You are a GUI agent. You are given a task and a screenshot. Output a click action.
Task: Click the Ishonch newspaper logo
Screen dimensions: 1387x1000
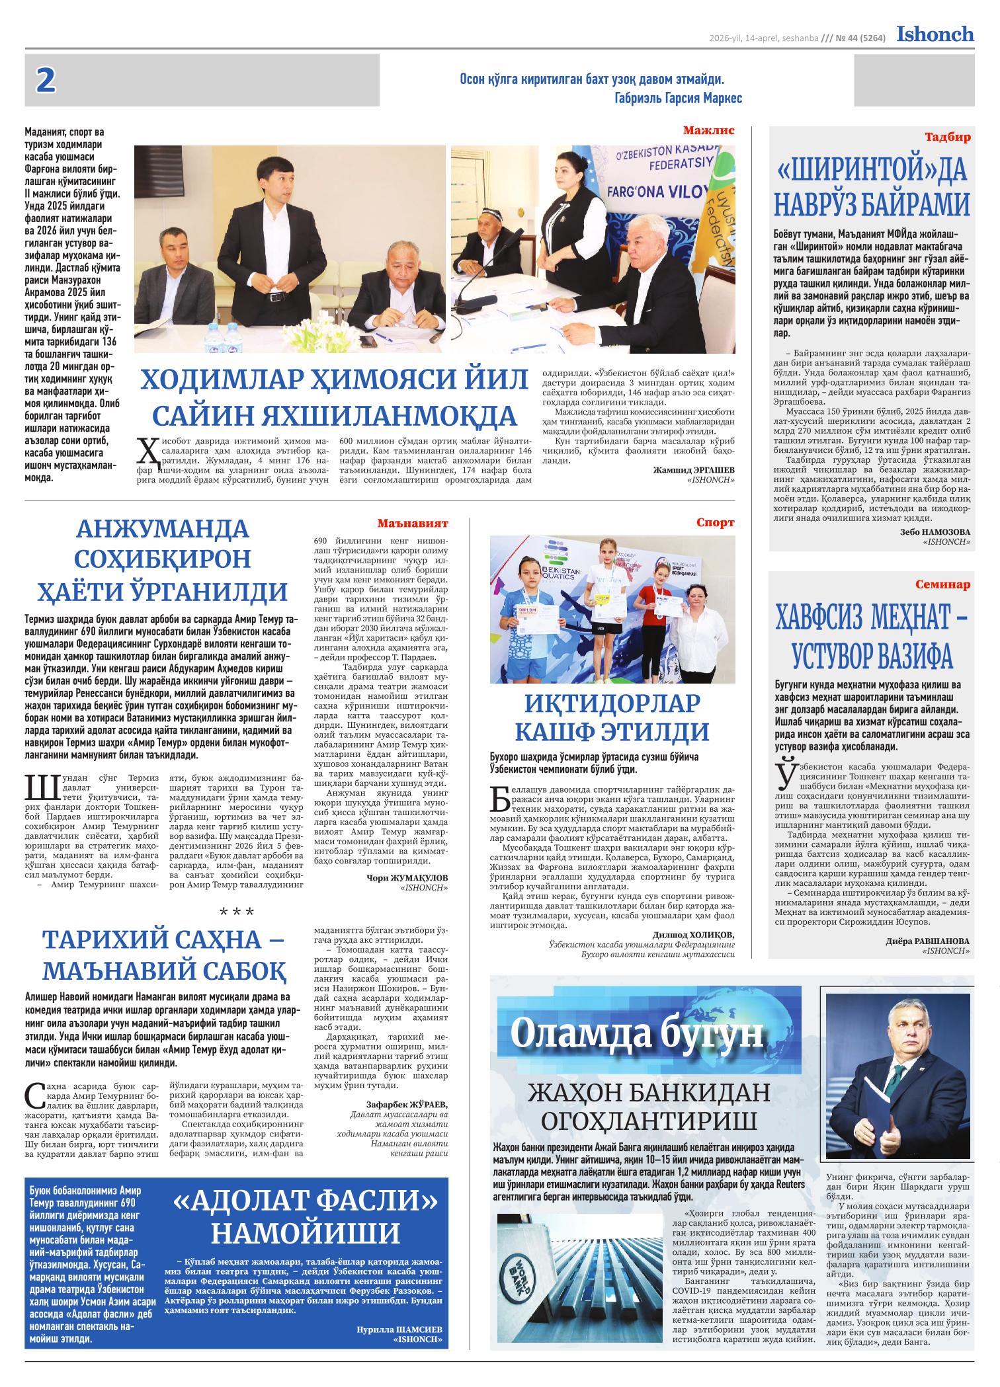[x=935, y=34]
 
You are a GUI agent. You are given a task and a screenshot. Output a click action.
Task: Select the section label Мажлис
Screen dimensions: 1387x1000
[x=708, y=130]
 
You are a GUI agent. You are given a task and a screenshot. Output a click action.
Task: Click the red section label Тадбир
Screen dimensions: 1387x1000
[x=947, y=138]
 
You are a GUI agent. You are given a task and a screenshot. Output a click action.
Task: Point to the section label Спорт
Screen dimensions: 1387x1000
[x=715, y=523]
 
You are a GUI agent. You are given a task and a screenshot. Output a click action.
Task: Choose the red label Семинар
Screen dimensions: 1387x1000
[x=942, y=584]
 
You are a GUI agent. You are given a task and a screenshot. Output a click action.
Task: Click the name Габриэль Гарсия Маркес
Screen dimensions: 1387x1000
[x=678, y=99]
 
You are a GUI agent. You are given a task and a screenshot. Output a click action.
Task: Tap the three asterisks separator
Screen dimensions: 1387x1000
[x=236, y=914]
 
